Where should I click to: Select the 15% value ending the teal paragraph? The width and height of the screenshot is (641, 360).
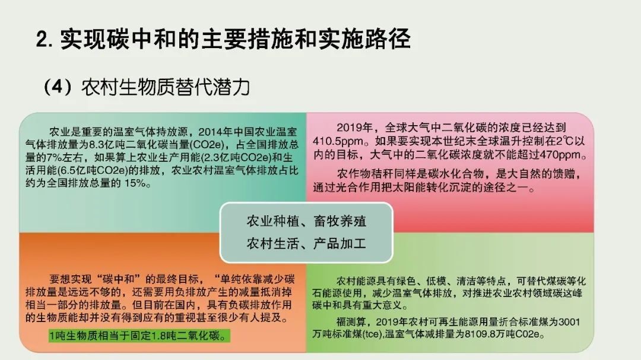[x=135, y=183]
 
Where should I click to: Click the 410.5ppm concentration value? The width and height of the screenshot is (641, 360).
[x=338, y=141]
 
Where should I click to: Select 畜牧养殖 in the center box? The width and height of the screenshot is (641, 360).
[x=339, y=221]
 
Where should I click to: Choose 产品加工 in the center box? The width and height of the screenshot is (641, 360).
[x=339, y=244]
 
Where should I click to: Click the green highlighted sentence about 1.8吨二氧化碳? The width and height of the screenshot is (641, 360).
[x=139, y=336]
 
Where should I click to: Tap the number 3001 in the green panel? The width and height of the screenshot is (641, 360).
[x=569, y=322]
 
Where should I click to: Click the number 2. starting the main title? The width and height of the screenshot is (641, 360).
[x=45, y=40]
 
